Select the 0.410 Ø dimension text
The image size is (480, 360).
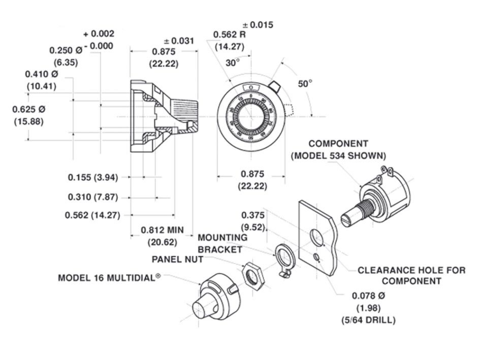click(x=42, y=74)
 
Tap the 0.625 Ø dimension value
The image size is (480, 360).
click(x=29, y=109)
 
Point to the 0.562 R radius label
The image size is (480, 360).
click(x=230, y=35)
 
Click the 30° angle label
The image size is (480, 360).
click(x=233, y=63)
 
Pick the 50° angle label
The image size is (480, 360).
click(x=305, y=84)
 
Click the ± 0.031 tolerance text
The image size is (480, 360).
click(x=179, y=41)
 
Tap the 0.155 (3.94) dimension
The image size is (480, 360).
click(x=93, y=177)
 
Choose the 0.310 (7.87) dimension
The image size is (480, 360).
click(x=93, y=197)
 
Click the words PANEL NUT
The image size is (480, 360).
click(x=178, y=259)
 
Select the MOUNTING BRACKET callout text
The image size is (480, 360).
click(x=222, y=243)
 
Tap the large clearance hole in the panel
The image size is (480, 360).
click(x=316, y=237)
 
